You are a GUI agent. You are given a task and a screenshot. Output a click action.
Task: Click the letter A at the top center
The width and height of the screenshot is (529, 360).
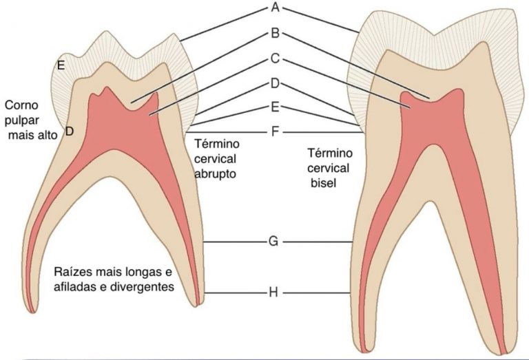[276, 7]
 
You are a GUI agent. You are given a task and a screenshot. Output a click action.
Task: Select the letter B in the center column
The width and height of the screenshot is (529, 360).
[276, 33]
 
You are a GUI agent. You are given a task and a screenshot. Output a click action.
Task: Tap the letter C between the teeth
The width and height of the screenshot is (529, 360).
[276, 59]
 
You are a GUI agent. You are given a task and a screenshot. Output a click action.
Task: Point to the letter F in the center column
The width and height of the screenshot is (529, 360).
[276, 131]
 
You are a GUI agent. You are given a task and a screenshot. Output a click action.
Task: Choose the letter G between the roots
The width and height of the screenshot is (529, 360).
[273, 242]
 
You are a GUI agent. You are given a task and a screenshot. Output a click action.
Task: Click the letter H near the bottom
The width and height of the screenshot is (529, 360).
[273, 293]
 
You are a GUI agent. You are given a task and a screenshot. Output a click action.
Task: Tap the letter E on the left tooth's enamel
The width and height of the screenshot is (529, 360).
[61, 65]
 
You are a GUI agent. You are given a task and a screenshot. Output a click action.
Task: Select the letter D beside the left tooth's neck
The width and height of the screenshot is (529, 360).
[69, 131]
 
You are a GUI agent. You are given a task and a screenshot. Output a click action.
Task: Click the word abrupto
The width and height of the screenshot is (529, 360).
[215, 174]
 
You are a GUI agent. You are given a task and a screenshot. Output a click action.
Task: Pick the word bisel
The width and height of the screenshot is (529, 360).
[323, 183]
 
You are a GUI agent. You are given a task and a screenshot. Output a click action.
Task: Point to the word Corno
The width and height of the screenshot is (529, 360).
[21, 105]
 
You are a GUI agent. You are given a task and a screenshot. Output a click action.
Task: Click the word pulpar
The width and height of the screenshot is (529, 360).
[21, 120]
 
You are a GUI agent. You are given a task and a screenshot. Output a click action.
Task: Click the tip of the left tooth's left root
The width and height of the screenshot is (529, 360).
[33, 312]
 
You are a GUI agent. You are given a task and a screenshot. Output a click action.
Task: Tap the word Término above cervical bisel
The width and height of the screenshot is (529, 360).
[330, 153]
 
